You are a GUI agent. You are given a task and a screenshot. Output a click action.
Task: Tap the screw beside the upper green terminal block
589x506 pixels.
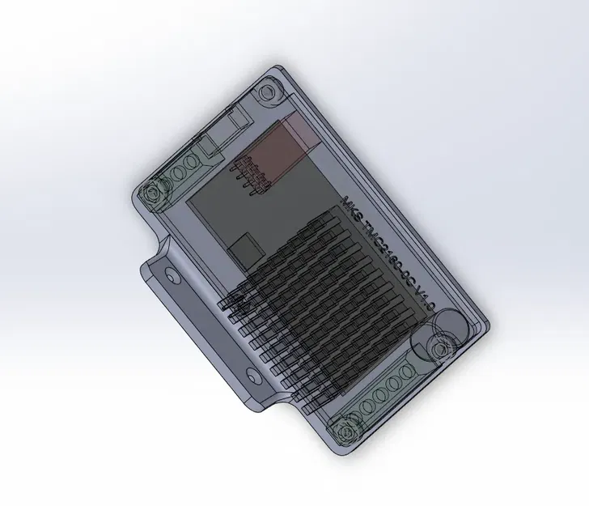tap(151, 194)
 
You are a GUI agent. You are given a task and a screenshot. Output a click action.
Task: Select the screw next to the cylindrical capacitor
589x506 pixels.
tap(442, 349)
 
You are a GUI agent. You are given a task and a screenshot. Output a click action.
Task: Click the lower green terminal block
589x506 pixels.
tap(387, 387)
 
